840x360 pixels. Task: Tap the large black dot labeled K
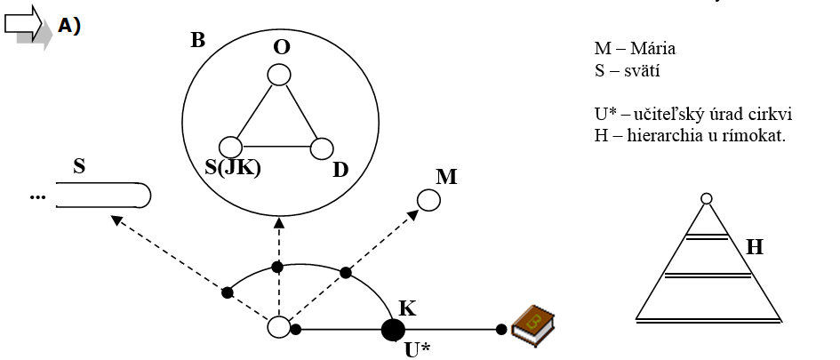click(392, 330)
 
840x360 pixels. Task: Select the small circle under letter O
click(279, 74)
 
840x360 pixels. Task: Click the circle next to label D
click(321, 148)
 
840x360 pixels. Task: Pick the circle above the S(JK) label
click(231, 147)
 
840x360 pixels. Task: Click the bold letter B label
click(197, 42)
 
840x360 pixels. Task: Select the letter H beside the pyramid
click(755, 247)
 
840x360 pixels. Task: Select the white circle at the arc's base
click(279, 328)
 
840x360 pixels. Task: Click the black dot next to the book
click(501, 330)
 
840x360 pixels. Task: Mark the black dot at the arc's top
click(277, 267)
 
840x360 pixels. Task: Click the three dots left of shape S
click(37, 196)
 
